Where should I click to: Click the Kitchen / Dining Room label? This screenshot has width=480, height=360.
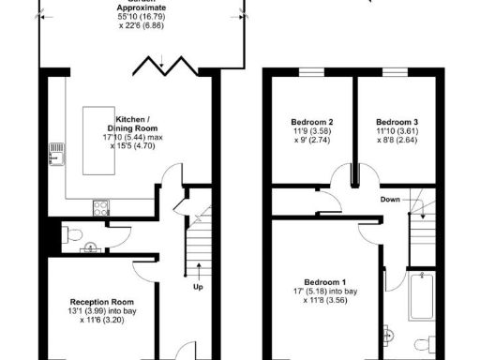tap(137, 126)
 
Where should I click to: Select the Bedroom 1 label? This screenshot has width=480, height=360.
tap(325, 282)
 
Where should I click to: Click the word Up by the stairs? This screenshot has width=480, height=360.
tap(198, 286)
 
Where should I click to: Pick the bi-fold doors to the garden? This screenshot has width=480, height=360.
tap(167, 67)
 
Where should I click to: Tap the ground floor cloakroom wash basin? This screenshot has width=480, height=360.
tap(90, 247)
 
